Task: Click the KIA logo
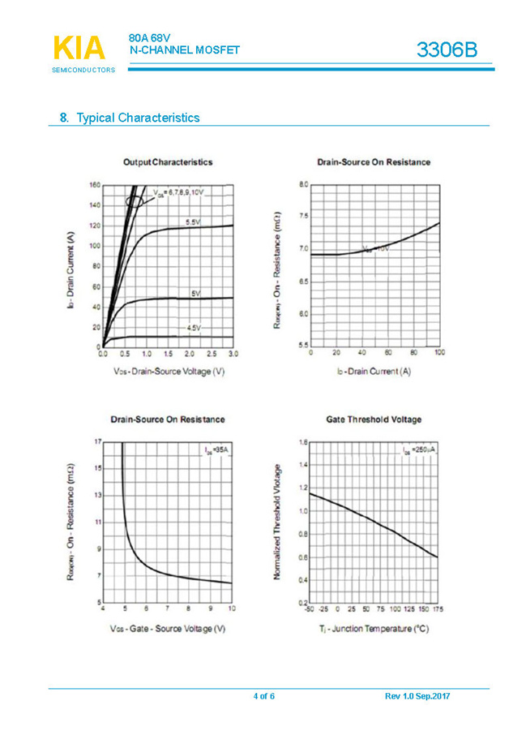(x=79, y=49)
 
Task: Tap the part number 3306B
(x=447, y=50)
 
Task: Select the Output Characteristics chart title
(x=168, y=162)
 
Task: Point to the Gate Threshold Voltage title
(x=374, y=419)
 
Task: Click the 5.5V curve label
(x=193, y=221)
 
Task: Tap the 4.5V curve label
(x=194, y=328)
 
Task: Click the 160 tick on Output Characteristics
(x=95, y=185)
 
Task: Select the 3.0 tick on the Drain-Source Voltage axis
(x=233, y=355)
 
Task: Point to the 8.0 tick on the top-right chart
(x=303, y=185)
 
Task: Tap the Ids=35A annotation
(x=216, y=449)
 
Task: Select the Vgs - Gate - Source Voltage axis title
(x=168, y=629)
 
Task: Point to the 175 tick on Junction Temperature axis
(x=438, y=609)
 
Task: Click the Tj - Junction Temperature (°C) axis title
(x=374, y=629)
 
